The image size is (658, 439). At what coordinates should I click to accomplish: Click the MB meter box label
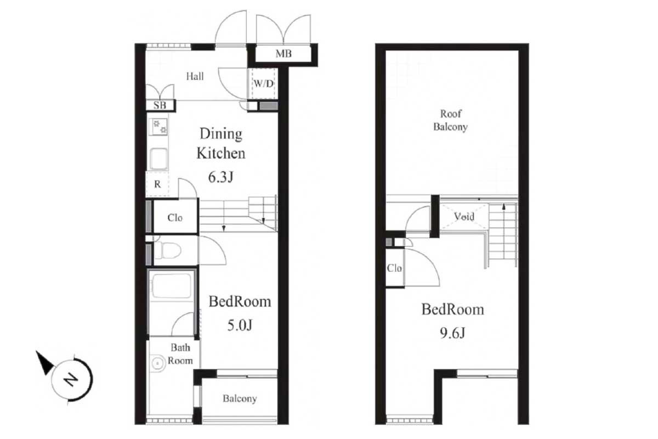283,54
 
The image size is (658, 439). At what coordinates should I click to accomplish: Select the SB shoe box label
160,105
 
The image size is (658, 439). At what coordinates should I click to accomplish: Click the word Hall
195,76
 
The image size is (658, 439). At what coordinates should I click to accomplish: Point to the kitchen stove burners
158,127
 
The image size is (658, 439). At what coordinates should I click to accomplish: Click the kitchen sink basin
158,159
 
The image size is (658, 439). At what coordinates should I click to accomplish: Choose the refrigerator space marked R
157,184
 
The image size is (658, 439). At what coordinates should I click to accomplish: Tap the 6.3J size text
220,177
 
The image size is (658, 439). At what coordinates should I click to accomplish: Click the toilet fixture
167,251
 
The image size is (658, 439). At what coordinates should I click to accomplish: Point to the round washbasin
158,363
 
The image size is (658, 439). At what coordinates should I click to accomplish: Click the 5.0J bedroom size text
240,325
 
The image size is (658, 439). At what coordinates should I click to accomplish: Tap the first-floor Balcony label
240,399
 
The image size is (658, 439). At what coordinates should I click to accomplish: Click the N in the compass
71,379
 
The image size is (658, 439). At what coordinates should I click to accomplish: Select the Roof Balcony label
450,120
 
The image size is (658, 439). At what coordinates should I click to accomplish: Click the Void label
464,217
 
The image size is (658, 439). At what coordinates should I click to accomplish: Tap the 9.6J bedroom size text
452,333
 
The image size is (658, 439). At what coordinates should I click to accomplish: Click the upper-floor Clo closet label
394,268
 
